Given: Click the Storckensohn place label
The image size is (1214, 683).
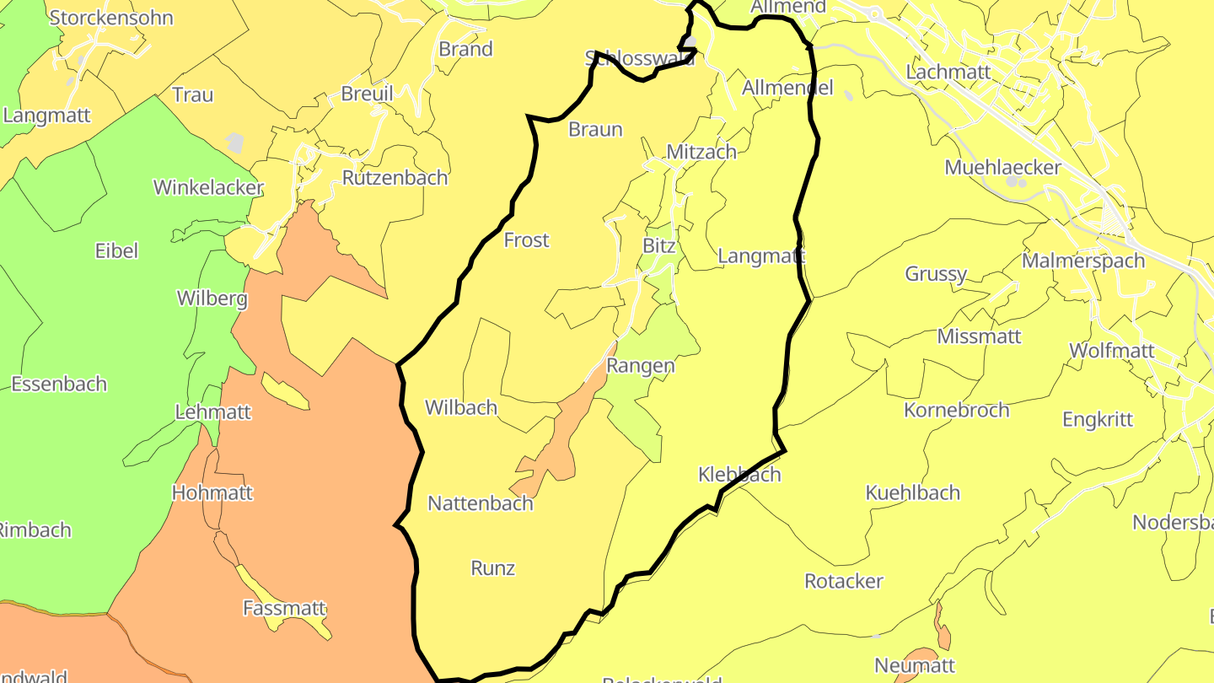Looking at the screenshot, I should [x=111, y=18].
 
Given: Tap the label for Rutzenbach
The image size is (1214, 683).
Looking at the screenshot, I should [x=395, y=178].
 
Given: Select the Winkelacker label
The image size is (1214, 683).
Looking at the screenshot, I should [x=208, y=187].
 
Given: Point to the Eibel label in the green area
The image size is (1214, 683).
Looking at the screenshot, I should [x=116, y=250].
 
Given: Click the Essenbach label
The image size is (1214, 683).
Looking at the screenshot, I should [x=59, y=384].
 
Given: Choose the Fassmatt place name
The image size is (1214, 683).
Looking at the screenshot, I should [x=284, y=607].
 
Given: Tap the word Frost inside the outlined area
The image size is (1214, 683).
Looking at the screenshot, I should [x=526, y=240].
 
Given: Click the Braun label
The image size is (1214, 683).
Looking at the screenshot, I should [x=595, y=129].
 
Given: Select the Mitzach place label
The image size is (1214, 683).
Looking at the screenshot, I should [x=701, y=152].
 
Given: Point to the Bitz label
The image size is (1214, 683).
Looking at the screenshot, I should [x=659, y=246].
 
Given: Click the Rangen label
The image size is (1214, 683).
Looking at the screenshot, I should [x=641, y=366].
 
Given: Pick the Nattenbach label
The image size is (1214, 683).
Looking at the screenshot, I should [x=481, y=503].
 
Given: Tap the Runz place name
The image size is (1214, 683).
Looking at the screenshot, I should [x=493, y=568].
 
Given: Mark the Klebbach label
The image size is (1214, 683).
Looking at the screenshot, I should [x=739, y=475].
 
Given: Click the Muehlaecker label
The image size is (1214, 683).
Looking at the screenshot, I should [x=1002, y=167].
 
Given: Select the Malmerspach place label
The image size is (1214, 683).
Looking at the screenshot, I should [x=1083, y=261].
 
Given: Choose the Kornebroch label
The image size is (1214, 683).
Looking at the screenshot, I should [x=956, y=410].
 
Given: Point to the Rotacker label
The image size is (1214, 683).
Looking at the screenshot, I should [x=844, y=581].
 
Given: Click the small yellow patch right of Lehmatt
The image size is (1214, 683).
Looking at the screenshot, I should [x=285, y=392].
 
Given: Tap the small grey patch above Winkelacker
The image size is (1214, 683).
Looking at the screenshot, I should [x=235, y=143].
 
